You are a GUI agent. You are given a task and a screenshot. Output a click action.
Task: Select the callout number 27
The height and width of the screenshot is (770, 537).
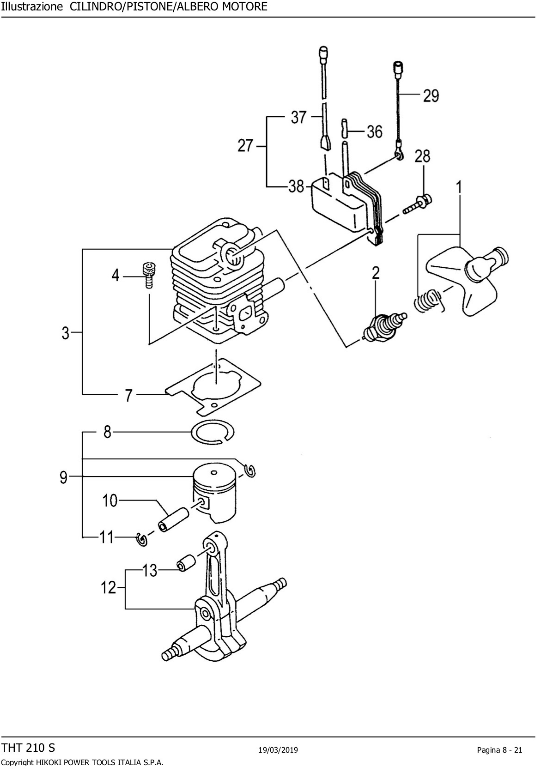(x=245, y=146)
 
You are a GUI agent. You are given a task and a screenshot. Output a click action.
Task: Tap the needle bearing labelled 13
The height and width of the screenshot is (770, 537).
(x=186, y=564)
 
